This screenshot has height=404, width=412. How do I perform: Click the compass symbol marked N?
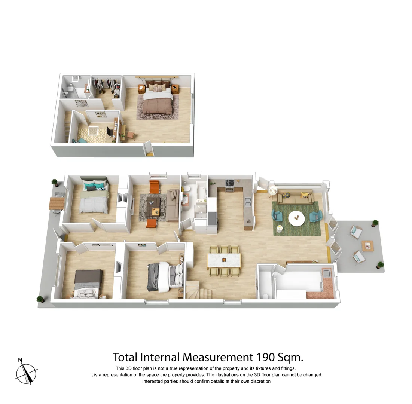pos(26,373)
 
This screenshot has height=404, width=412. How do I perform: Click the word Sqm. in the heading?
pos(290,357)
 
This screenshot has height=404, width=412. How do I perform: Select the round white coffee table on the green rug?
pos(296,218)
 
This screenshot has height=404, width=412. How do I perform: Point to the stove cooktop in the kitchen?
pos(230,183)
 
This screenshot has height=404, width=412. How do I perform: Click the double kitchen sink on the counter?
pos(247,202)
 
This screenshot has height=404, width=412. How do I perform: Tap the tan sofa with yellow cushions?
pos(296,196)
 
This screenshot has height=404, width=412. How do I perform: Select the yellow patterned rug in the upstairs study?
pos(92,134)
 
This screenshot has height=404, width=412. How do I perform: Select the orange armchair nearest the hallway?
pos(152,223)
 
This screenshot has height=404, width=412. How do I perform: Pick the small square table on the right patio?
pos(368,246)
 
